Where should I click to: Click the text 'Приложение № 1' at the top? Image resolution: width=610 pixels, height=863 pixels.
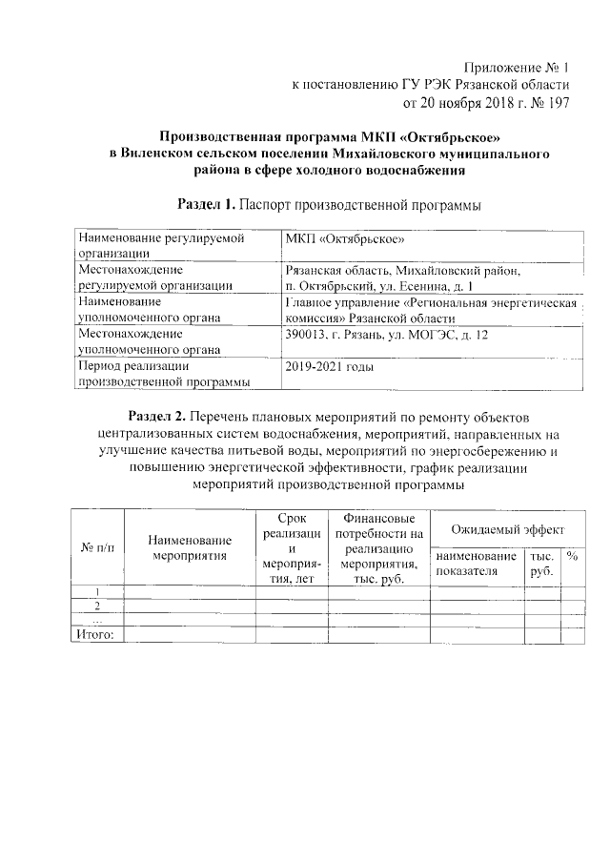click(x=514, y=68)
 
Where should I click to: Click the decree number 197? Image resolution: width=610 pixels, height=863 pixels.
click(x=555, y=102)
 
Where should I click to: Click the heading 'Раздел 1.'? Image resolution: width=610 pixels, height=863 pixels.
click(x=207, y=204)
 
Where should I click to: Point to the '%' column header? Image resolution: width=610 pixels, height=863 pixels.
click(x=572, y=555)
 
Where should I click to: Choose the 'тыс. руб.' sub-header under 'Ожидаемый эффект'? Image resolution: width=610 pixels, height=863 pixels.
click(x=540, y=563)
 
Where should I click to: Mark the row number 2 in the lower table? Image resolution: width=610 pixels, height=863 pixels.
click(x=97, y=606)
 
